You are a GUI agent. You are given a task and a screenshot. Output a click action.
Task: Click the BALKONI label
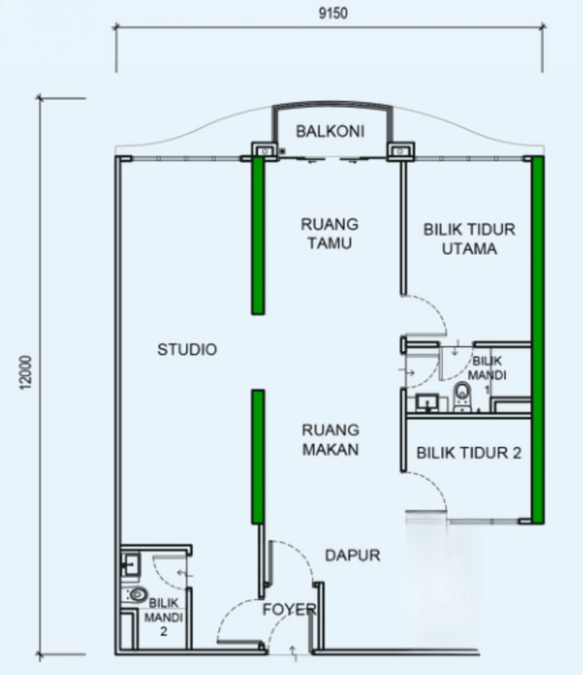(x=330, y=131)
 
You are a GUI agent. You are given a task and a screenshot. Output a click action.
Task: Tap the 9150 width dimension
(x=333, y=13)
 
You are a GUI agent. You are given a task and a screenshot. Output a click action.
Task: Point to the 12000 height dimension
(x=26, y=373)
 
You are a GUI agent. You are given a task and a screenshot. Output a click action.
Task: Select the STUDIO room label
(x=187, y=349)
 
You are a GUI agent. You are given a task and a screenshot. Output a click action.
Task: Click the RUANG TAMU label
(x=330, y=234)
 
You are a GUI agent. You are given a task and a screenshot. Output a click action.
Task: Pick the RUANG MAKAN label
(x=330, y=440)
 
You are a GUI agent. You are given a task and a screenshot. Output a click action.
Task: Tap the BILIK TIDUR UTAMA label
(x=469, y=239)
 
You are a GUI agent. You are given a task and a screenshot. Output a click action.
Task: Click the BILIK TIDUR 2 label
(x=469, y=453)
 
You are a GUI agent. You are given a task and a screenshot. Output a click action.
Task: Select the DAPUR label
(x=353, y=555)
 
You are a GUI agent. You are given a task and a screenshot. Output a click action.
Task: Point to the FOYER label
(x=289, y=609)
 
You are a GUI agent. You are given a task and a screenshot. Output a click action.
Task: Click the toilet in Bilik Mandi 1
(x=462, y=397)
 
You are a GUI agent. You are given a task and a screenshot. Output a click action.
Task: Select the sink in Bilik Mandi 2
(x=130, y=564)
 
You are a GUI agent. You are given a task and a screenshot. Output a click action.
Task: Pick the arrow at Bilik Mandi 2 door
(x=185, y=573)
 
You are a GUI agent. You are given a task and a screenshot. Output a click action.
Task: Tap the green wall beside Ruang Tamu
(x=258, y=236)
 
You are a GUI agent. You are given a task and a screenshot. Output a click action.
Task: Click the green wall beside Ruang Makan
(x=258, y=457)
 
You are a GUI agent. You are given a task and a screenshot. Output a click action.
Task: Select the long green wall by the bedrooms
(x=538, y=340)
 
